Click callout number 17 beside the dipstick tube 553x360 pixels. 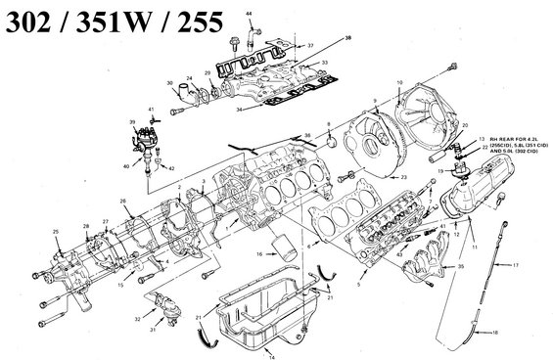click(517, 266)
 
